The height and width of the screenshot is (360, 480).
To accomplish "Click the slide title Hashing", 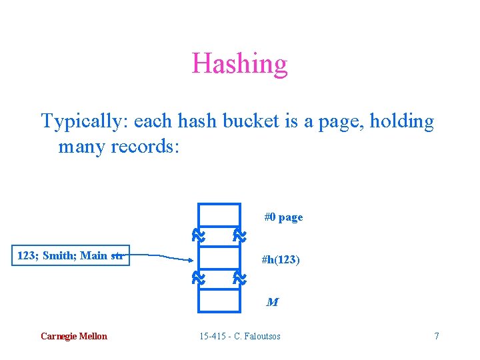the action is click(239, 64).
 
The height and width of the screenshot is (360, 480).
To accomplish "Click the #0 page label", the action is click(283, 217).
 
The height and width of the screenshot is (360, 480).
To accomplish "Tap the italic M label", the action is click(272, 302).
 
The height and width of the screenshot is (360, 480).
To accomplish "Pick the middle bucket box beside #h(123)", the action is click(219, 257).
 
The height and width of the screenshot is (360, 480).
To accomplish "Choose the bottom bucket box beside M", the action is click(219, 300).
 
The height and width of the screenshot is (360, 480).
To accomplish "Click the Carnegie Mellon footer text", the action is click(73, 336).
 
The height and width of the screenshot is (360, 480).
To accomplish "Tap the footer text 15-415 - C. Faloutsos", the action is click(240, 336).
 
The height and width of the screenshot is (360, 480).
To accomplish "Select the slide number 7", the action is click(437, 336).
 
